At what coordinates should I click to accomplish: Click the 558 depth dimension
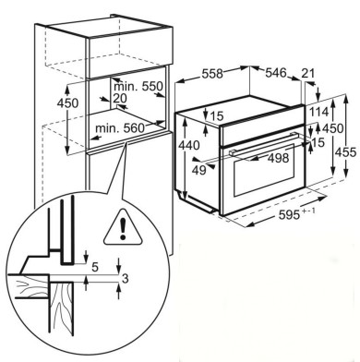pos(212,74)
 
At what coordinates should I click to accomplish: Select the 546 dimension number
pos(276,73)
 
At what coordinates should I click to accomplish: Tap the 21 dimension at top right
pos(308,73)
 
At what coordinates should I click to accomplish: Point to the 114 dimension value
pos(318,112)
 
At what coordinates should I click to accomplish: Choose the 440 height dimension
pos(189,145)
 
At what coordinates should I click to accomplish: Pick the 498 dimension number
pos(279,158)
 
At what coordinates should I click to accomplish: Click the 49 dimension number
pos(199,170)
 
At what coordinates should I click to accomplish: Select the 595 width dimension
pos(289,214)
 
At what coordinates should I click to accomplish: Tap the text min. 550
pos(138,87)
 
